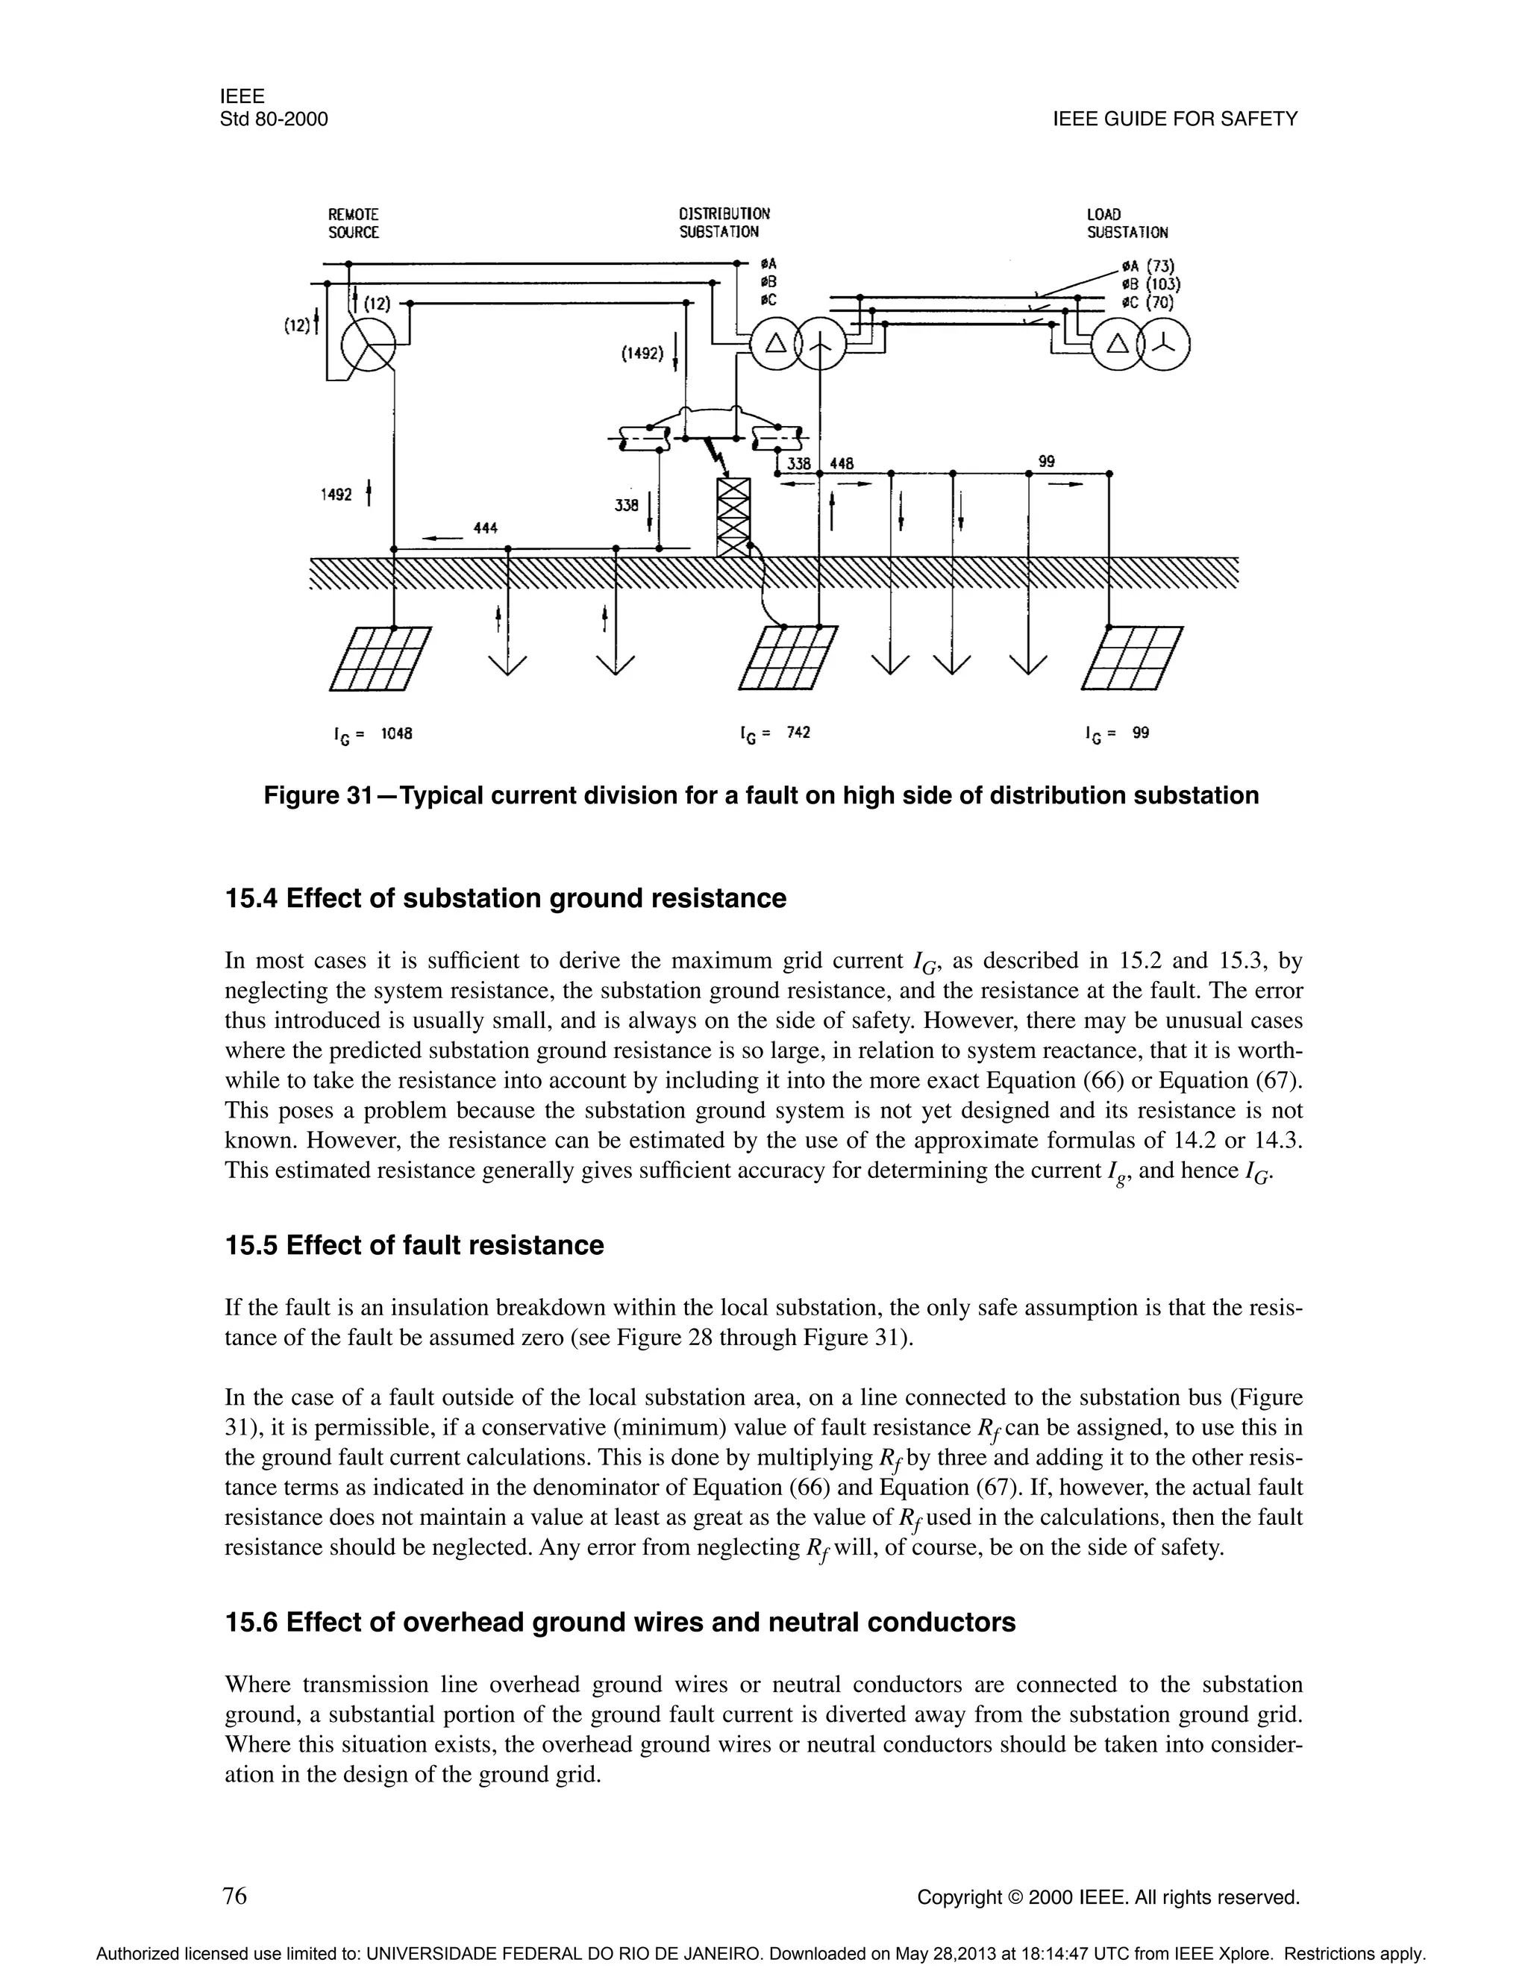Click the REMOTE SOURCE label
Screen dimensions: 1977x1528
(x=353, y=224)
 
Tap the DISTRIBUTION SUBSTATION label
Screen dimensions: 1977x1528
(x=724, y=224)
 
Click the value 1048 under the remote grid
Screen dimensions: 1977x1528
(x=396, y=733)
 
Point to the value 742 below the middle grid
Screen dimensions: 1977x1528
(x=798, y=733)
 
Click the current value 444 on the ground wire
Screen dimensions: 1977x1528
(x=486, y=527)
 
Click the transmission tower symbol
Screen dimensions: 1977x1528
(x=733, y=516)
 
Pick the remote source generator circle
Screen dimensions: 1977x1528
(x=368, y=346)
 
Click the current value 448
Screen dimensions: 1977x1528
(x=842, y=463)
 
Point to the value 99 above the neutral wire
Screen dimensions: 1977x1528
(x=1047, y=462)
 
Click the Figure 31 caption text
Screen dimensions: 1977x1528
(x=761, y=796)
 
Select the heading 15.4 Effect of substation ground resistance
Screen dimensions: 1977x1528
(x=505, y=899)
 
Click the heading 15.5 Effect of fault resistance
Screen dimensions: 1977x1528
(x=413, y=1246)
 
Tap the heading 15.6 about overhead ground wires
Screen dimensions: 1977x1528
(x=620, y=1622)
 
